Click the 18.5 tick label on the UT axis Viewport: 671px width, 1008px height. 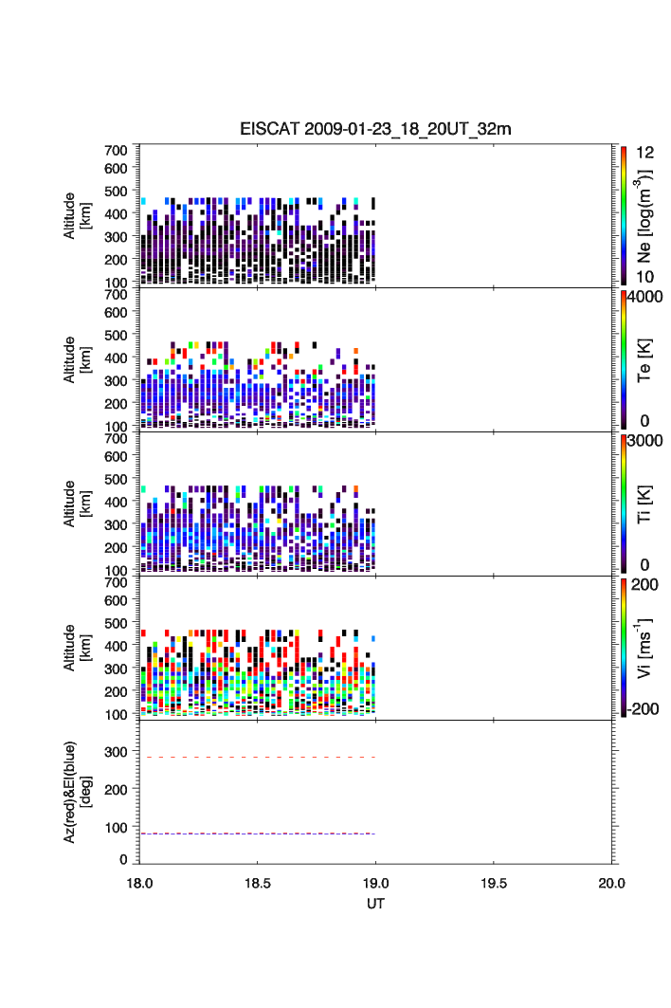point(258,883)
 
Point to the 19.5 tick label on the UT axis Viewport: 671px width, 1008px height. point(494,883)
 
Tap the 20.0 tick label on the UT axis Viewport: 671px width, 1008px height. point(611,883)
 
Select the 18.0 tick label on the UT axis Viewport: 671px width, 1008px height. point(140,883)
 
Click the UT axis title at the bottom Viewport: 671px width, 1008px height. point(375,904)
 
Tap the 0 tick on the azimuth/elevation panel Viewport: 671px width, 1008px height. point(123,859)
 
